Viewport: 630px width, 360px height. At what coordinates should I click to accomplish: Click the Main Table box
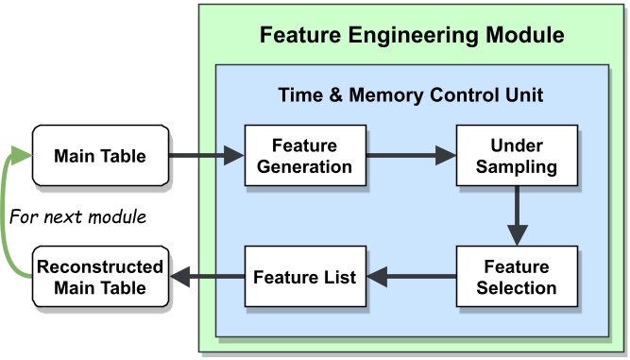(100, 156)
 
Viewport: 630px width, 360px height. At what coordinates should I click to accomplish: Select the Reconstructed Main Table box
(100, 277)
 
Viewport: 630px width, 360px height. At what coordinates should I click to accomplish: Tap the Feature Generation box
(304, 156)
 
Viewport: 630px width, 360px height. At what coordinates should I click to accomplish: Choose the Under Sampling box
(516, 156)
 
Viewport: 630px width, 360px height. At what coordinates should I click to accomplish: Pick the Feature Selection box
(516, 277)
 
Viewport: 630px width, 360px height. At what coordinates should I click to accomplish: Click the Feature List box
(304, 277)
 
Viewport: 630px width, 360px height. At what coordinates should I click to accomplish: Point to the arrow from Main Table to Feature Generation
(206, 156)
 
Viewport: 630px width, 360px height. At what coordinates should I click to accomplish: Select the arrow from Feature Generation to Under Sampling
(410, 156)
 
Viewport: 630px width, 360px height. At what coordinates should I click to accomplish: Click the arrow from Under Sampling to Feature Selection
(516, 216)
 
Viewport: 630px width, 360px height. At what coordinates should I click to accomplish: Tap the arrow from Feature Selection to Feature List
(410, 277)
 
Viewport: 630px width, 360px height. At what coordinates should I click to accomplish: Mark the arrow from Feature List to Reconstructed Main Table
(206, 277)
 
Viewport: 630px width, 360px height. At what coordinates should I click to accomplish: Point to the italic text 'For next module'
(77, 216)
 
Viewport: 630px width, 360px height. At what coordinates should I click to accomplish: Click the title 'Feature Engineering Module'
(412, 36)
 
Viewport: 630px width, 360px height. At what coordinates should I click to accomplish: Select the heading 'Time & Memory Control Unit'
(410, 95)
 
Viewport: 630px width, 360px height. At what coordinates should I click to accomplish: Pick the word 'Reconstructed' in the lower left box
(100, 267)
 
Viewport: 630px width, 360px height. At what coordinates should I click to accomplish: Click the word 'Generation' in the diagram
(304, 167)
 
